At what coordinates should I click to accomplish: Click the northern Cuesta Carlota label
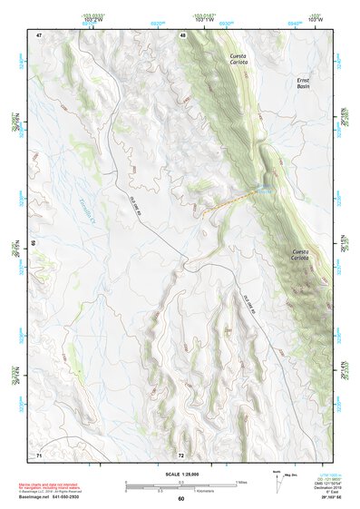tap(238, 60)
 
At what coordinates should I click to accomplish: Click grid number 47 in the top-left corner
tap(39, 34)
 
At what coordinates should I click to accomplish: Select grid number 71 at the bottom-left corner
tap(39, 453)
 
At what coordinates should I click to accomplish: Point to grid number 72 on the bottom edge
tap(181, 454)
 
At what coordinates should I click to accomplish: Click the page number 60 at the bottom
tap(180, 499)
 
